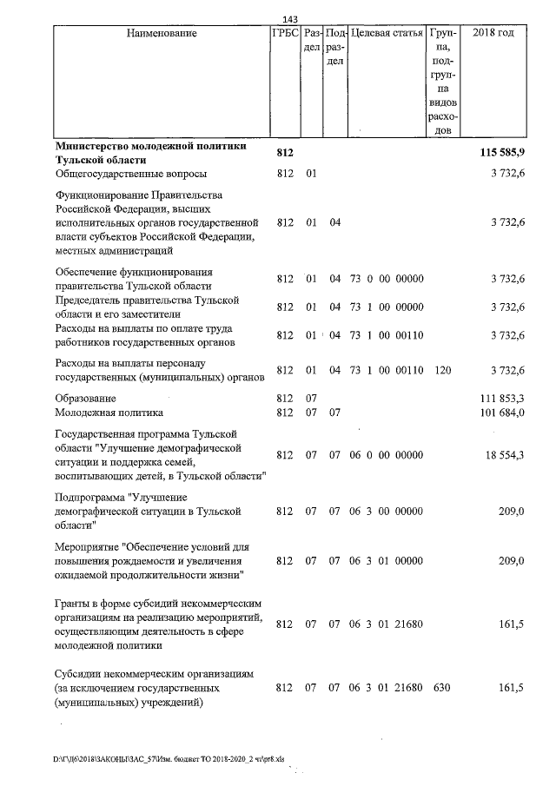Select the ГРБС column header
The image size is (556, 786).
point(286,34)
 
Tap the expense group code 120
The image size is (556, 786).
point(443,371)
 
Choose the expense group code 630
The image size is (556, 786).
point(443,689)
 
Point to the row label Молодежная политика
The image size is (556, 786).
point(109,413)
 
